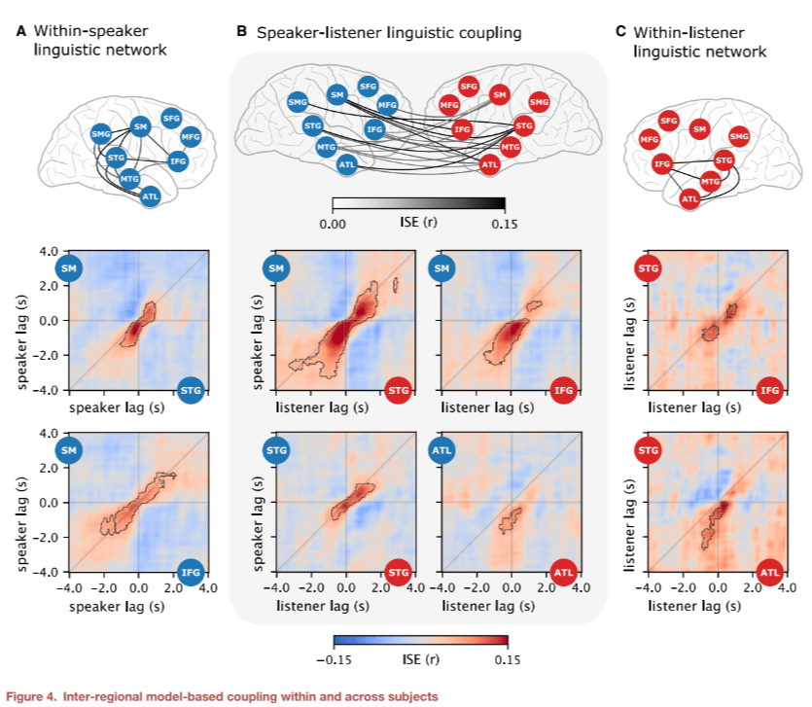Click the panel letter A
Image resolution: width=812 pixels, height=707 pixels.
click(20, 31)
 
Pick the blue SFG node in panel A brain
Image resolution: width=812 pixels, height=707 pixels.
click(171, 119)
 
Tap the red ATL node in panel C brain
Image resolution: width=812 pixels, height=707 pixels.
click(689, 199)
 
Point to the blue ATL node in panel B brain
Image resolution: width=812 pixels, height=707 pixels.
click(347, 165)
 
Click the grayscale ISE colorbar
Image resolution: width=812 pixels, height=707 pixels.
click(418, 204)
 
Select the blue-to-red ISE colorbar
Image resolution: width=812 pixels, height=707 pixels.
click(420, 641)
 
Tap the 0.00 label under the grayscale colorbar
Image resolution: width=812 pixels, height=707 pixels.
click(333, 223)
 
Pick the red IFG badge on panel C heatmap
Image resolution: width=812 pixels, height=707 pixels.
click(768, 392)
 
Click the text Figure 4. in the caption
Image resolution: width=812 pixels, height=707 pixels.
click(34, 695)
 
